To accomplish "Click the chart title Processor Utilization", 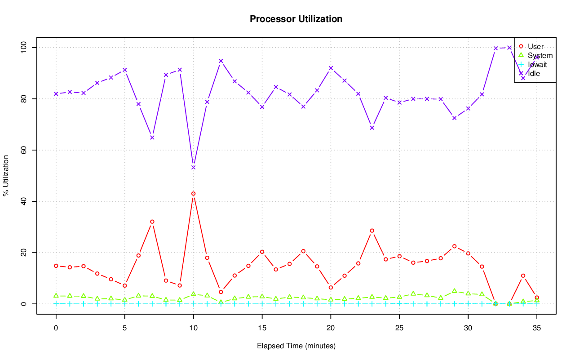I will click(x=296, y=19).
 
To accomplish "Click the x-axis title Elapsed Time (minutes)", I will click(x=296, y=346).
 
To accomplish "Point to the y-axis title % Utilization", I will click(x=6, y=175).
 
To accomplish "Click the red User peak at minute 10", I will click(x=193, y=194).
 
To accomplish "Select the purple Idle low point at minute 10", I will click(x=193, y=167).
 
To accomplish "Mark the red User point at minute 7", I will click(x=152, y=222).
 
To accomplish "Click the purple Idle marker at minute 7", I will click(x=152, y=138).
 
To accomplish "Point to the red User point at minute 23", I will click(x=372, y=231).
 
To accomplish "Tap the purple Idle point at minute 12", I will click(x=221, y=61).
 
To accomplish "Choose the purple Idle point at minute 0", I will click(x=56, y=93).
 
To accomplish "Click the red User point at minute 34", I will click(x=523, y=276).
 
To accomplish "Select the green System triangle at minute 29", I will click(x=455, y=291).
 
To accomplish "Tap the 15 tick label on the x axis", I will click(x=262, y=328).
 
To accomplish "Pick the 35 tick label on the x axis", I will click(x=537, y=328).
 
